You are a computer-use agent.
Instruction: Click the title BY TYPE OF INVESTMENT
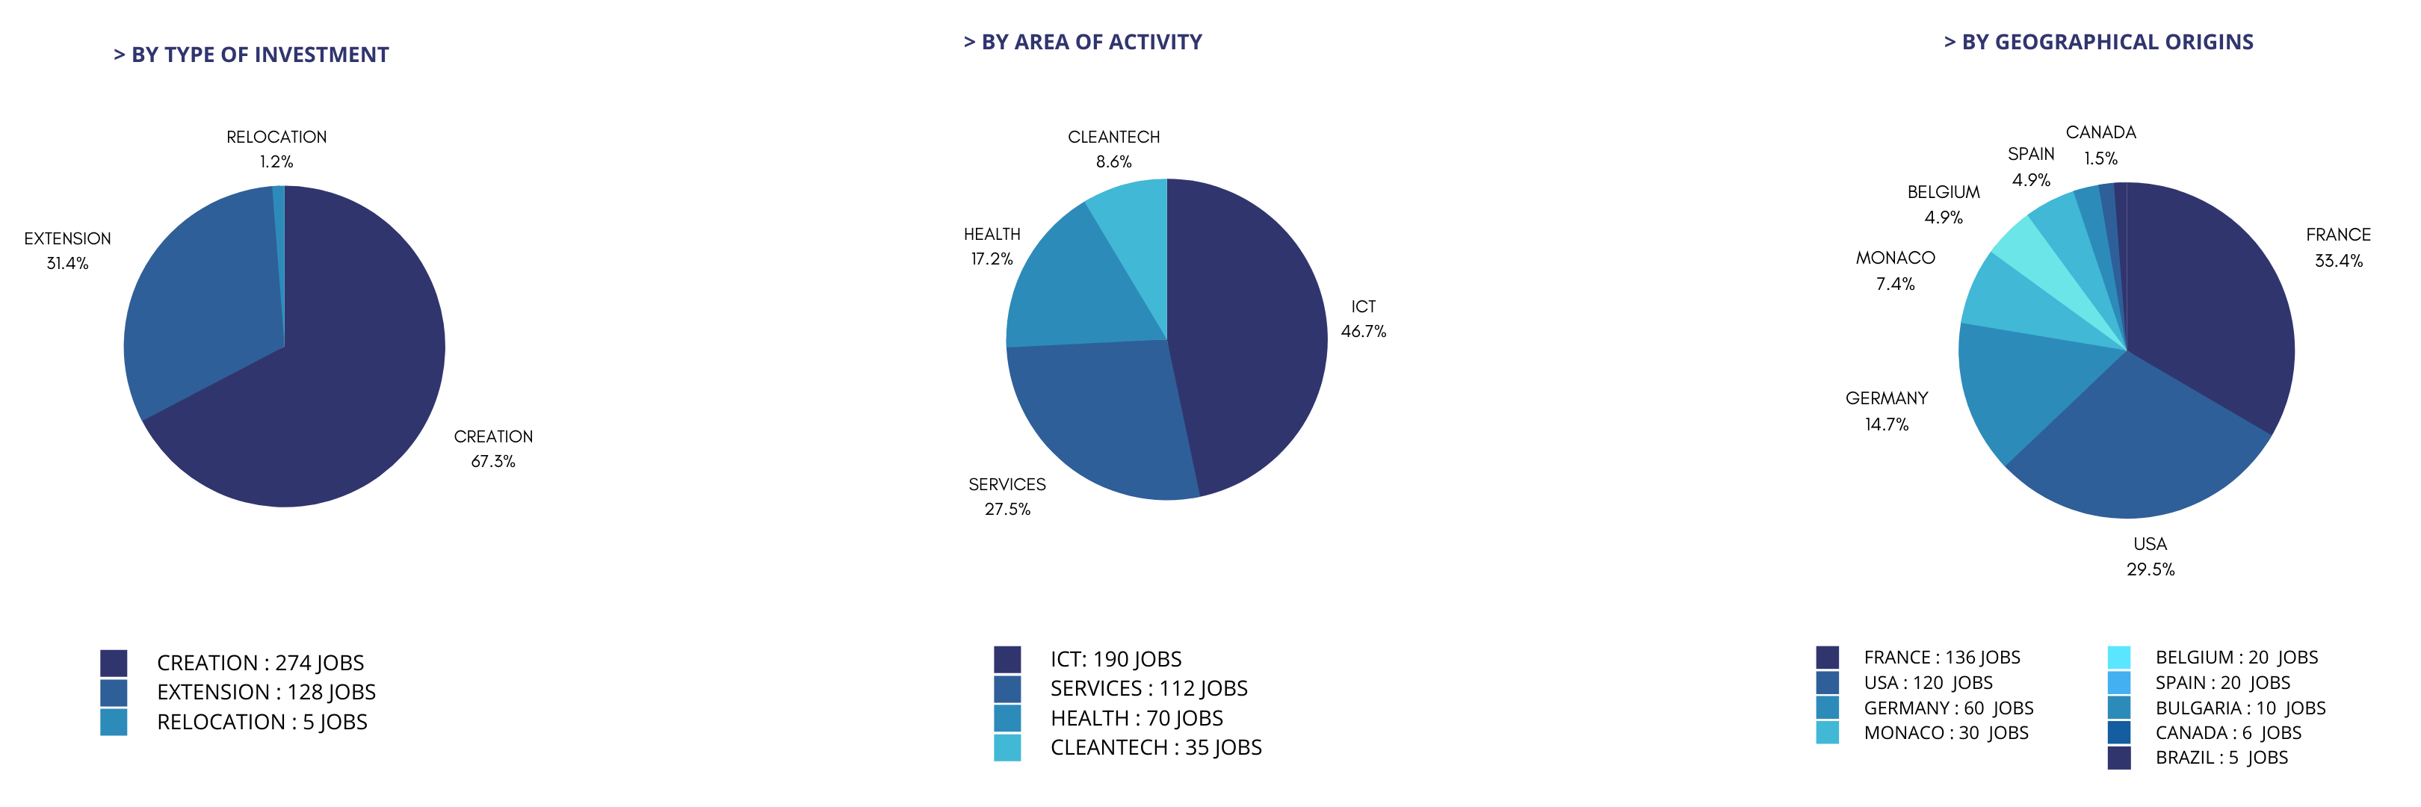pyautogui.click(x=251, y=55)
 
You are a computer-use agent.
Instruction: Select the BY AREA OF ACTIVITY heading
pyautogui.click(x=1083, y=43)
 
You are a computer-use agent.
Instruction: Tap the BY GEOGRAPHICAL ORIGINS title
pyautogui.click(x=2099, y=43)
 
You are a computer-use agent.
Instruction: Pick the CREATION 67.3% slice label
pyautogui.click(x=492, y=449)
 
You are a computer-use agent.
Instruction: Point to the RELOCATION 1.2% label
pyautogui.click(x=276, y=149)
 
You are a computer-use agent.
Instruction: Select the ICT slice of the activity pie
pyautogui.click(x=1250, y=338)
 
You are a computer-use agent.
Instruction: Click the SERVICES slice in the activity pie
pyautogui.click(x=1100, y=413)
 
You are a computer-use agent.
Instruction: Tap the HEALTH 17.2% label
pyautogui.click(x=992, y=246)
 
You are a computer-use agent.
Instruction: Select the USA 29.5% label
pyautogui.click(x=2151, y=556)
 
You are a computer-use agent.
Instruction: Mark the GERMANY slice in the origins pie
pyautogui.click(x=2020, y=385)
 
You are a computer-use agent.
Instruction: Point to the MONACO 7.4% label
pyautogui.click(x=1895, y=270)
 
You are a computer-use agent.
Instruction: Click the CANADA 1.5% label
pyautogui.click(x=2100, y=145)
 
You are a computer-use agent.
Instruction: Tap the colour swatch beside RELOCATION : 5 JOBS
pyautogui.click(x=114, y=722)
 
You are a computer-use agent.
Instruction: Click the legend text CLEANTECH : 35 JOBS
pyautogui.click(x=1155, y=748)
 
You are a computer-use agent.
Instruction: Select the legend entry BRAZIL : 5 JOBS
pyautogui.click(x=2221, y=757)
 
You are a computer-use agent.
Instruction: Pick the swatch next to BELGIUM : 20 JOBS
pyautogui.click(x=2118, y=657)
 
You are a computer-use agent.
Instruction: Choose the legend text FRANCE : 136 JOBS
pyautogui.click(x=1942, y=658)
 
